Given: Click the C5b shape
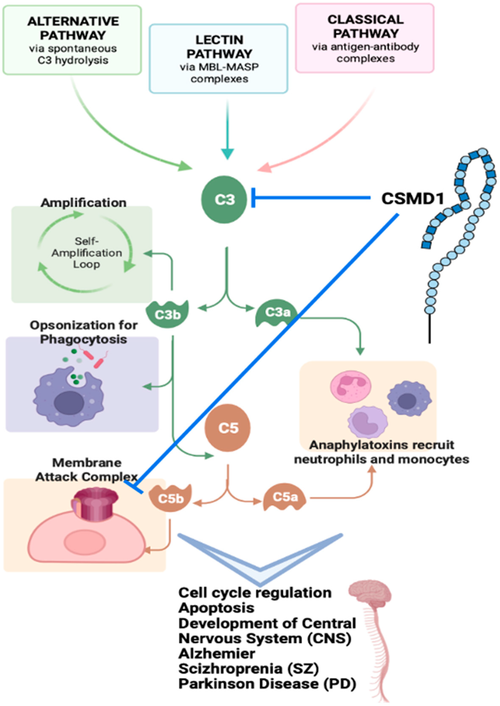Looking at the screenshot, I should (170, 498).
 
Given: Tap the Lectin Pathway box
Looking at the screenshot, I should (218, 59).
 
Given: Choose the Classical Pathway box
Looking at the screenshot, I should (365, 38).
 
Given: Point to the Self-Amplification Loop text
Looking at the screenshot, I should (87, 253).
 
